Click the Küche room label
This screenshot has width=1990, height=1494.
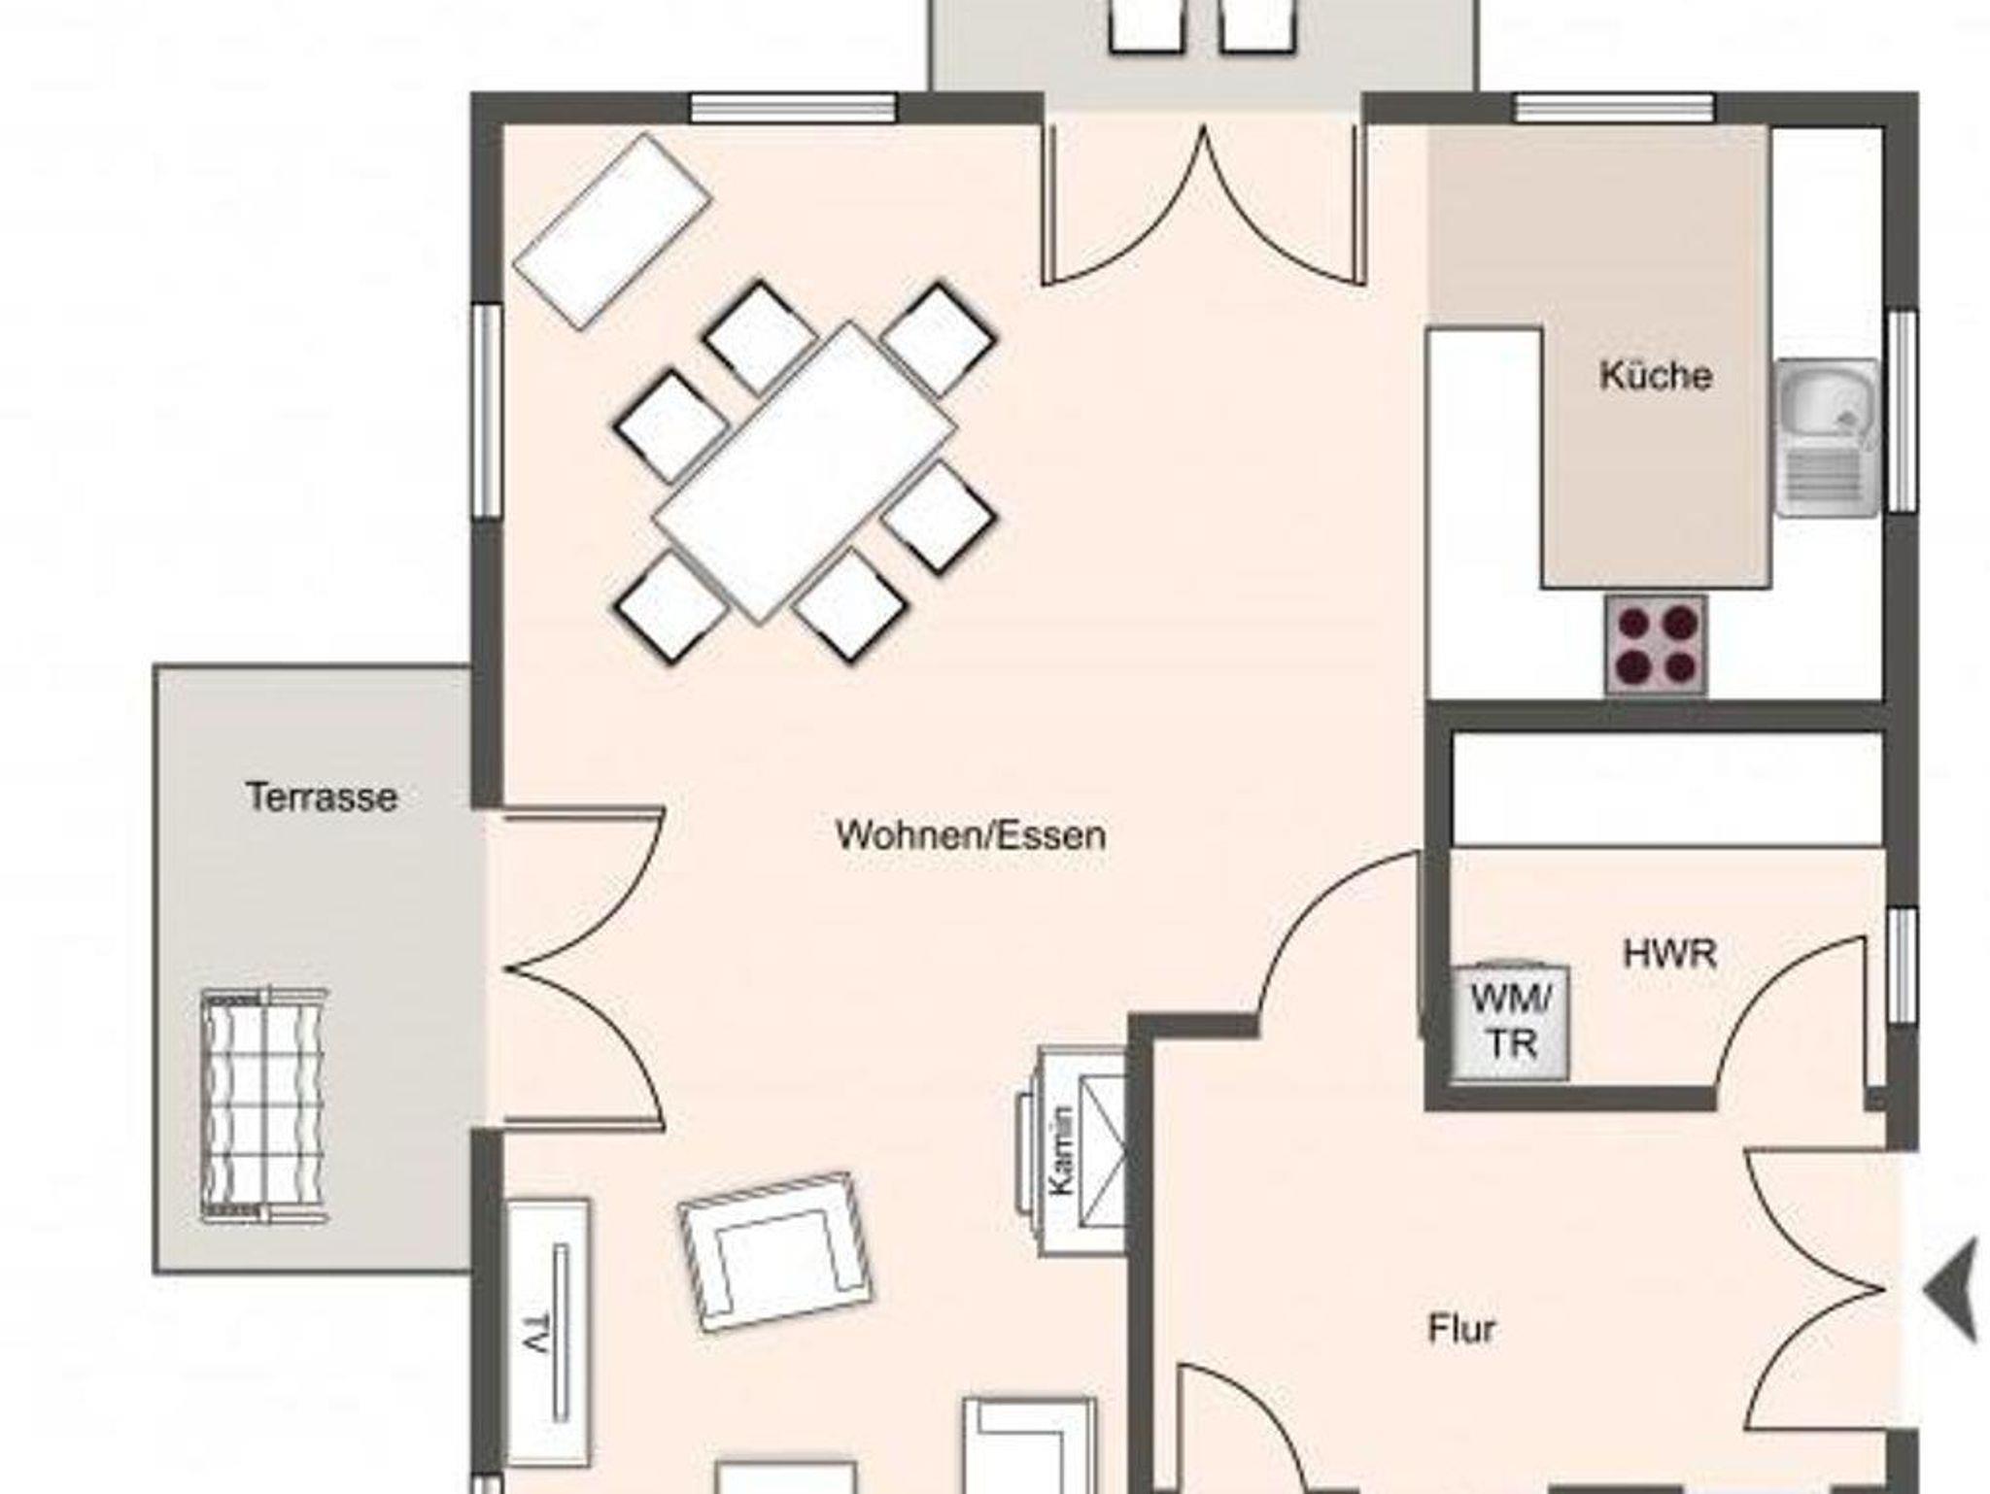tap(1655, 376)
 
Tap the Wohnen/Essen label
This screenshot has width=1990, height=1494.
tap(971, 835)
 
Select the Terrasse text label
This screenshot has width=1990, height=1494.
tap(322, 798)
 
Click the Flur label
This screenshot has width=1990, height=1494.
tap(1461, 1329)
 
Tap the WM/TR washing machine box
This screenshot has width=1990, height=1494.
tap(1511, 1021)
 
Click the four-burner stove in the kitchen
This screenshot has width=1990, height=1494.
tap(1656, 644)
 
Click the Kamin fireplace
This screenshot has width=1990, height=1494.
tap(1072, 1152)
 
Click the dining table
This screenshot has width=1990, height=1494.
tap(805, 472)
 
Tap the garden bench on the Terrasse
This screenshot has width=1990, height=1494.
tap(264, 1104)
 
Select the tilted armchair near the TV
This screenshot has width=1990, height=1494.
tap(775, 1251)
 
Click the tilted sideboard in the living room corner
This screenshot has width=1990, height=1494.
tap(612, 232)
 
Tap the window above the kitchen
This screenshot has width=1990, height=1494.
tap(1614, 108)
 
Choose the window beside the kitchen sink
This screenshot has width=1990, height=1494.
tap(1902, 410)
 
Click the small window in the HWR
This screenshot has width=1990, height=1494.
tap(1902, 965)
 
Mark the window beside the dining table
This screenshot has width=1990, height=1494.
tap(487, 412)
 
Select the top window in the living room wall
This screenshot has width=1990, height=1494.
tap(793, 108)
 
